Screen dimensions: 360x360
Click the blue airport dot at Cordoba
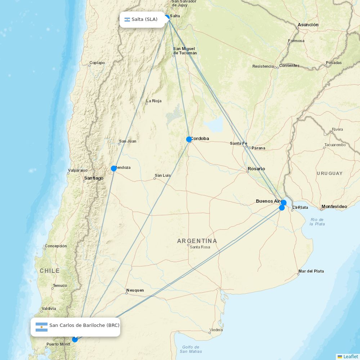pyautogui.click(x=189, y=139)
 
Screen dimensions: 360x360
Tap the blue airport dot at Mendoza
pyautogui.click(x=114, y=168)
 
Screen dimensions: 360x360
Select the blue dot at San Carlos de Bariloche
pyautogui.click(x=75, y=339)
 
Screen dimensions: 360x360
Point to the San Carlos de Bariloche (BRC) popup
pyautogui.click(x=76, y=327)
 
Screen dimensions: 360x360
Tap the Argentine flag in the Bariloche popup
pyautogui.click(x=42, y=327)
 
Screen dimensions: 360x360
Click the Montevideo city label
pyautogui.click(x=334, y=206)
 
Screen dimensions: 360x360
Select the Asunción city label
pyautogui.click(x=308, y=25)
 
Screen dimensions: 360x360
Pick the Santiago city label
pyautogui.click(x=94, y=178)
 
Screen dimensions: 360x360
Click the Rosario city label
pyautogui.click(x=256, y=168)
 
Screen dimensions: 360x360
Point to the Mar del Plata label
pyautogui.click(x=311, y=271)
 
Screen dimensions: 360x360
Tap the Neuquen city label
pyautogui.click(x=135, y=290)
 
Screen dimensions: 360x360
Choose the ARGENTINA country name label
pyautogui.click(x=197, y=241)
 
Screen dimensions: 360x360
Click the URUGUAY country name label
pyautogui.click(x=330, y=173)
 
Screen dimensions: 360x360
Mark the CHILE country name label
pyautogui.click(x=50, y=271)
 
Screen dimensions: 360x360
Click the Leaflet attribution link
pyautogui.click(x=350, y=356)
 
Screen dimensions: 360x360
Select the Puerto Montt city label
pyautogui.click(x=58, y=345)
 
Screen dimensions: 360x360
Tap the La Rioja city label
pyautogui.click(x=154, y=101)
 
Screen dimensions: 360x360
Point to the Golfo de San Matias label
pyautogui.click(x=191, y=349)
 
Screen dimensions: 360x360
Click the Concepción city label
pyautogui.click(x=56, y=246)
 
